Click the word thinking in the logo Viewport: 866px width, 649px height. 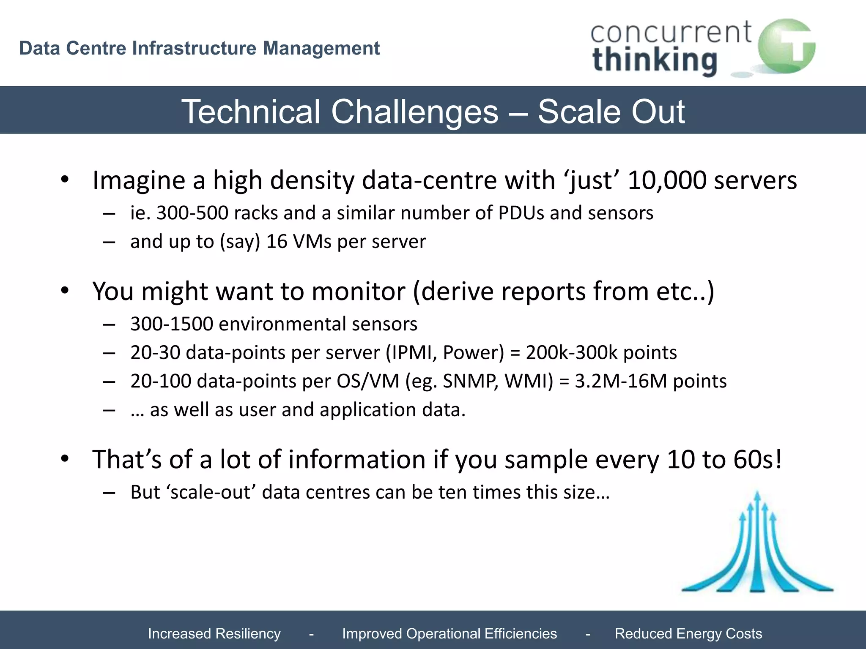[x=655, y=60]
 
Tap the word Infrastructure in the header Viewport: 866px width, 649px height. [x=194, y=48]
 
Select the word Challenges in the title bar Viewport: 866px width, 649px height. [x=414, y=112]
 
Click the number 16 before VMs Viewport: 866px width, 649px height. [x=277, y=242]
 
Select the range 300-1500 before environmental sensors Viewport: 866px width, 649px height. [x=171, y=324]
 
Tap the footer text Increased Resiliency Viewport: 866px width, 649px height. [x=214, y=633]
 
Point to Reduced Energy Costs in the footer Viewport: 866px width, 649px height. [x=688, y=633]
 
